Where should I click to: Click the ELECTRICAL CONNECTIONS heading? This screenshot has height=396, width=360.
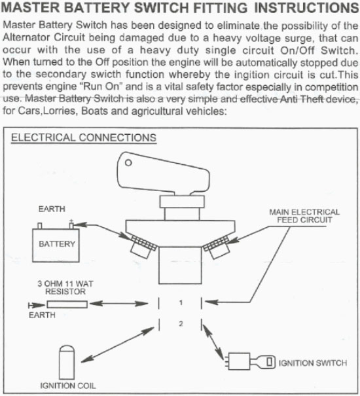pyautogui.click(x=84, y=138)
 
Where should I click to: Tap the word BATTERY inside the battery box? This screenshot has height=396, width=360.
pyautogui.click(x=57, y=243)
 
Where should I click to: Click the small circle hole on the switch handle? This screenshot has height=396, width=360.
pyautogui.click(x=128, y=162)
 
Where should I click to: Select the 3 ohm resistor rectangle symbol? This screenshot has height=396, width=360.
pyautogui.click(x=67, y=304)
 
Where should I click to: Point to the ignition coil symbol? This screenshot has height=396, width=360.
pyautogui.click(x=67, y=363)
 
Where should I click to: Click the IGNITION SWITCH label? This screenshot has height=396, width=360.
pyautogui.click(x=313, y=363)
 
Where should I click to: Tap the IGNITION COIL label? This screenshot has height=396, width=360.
pyautogui.click(x=68, y=386)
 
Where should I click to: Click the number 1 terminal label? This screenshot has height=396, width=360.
pyautogui.click(x=181, y=302)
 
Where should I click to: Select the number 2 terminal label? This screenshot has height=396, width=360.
pyautogui.click(x=181, y=323)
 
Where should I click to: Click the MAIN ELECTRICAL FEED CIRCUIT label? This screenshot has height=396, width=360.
pyautogui.click(x=304, y=216)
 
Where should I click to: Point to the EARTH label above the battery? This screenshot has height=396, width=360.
pyautogui.click(x=52, y=209)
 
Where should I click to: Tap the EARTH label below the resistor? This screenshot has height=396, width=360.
pyautogui.click(x=42, y=315)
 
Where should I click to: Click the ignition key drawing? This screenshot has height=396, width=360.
pyautogui.click(x=262, y=362)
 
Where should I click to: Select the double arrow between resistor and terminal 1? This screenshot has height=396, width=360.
pyautogui.click(x=118, y=303)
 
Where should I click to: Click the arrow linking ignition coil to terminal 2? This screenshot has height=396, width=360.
pyautogui.click(x=117, y=345)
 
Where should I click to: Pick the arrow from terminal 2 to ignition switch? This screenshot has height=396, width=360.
pyautogui.click(x=213, y=342)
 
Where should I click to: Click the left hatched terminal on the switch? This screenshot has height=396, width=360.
pyautogui.click(x=142, y=245)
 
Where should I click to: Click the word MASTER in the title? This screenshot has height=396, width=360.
pyautogui.click(x=31, y=8)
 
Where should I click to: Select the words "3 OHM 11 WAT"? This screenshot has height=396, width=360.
pyautogui.click(x=65, y=283)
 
